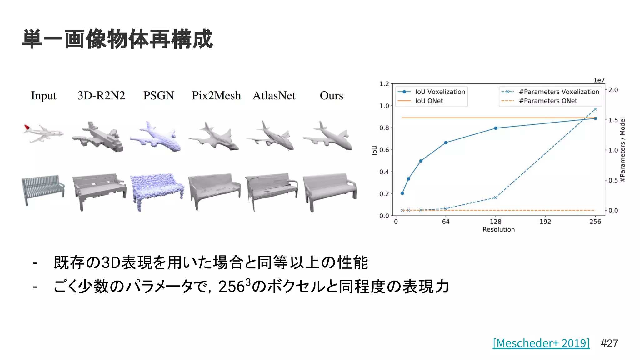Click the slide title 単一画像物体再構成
coord(117,39)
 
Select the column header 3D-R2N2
coord(101,95)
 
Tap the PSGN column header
coord(158,95)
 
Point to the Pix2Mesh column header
coord(216,95)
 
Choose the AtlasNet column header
coord(274,95)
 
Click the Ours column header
coord(331,95)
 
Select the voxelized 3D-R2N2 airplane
coord(98,137)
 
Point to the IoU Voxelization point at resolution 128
coord(496,128)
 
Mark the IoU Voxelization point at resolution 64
coord(446,142)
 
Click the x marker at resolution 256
coord(595,109)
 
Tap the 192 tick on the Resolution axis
coord(545,222)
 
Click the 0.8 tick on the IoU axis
coord(384,128)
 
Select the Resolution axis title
coord(498,229)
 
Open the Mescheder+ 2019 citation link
coord(541,343)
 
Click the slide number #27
coord(609,343)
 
